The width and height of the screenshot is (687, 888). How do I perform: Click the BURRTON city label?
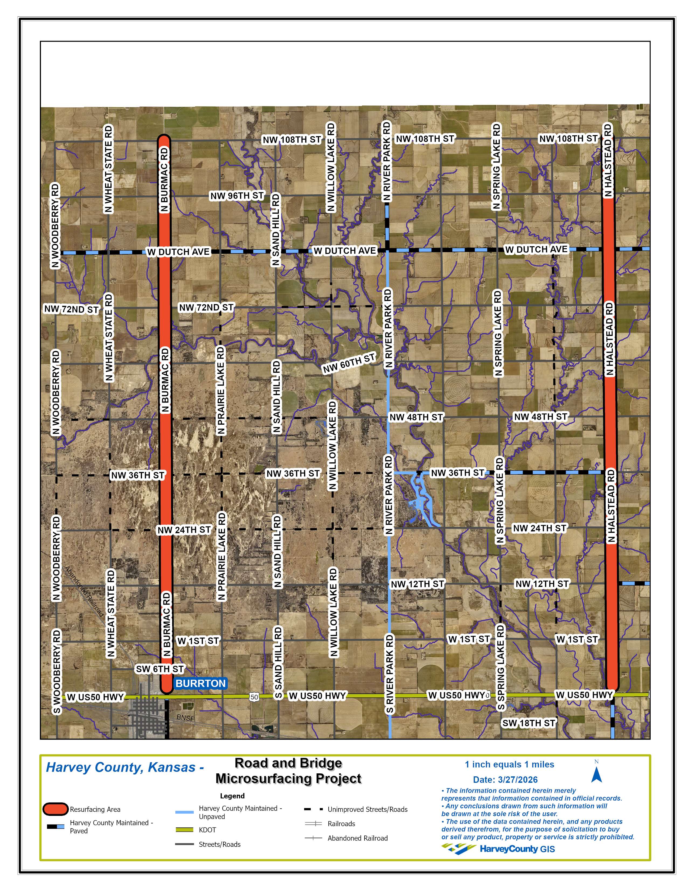click(x=200, y=683)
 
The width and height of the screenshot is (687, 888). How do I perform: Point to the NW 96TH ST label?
click(x=237, y=196)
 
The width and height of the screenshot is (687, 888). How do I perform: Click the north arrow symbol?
click(x=597, y=774)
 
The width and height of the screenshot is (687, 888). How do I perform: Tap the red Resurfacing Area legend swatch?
click(x=55, y=809)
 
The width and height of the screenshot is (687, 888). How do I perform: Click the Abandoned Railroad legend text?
click(x=357, y=838)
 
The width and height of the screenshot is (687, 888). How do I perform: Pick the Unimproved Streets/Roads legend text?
click(x=367, y=809)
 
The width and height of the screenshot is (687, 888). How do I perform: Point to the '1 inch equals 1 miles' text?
click(x=509, y=764)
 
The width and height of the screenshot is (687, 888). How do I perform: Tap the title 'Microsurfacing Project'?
click(x=288, y=779)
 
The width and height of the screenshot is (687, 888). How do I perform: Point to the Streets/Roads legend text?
click(x=219, y=844)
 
